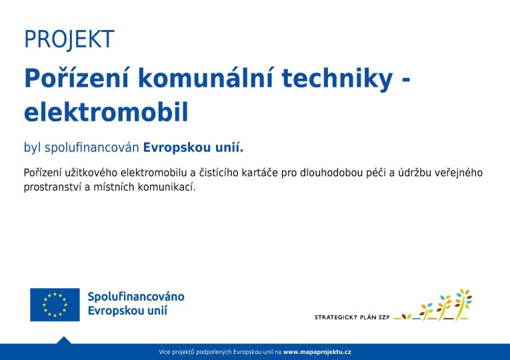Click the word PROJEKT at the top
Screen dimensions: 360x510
[x=69, y=40]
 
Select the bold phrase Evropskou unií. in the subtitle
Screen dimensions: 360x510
[x=193, y=147]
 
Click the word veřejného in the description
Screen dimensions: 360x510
[x=458, y=173]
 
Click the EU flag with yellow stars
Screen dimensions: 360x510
[x=55, y=305]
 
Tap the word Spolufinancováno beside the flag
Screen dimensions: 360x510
[x=136, y=297]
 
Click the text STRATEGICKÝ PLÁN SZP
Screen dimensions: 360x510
[x=352, y=317]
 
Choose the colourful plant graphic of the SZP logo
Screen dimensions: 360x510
[x=440, y=306]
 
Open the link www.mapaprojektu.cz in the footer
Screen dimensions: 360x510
[x=317, y=351]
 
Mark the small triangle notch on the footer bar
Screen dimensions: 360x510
[x=64, y=340]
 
